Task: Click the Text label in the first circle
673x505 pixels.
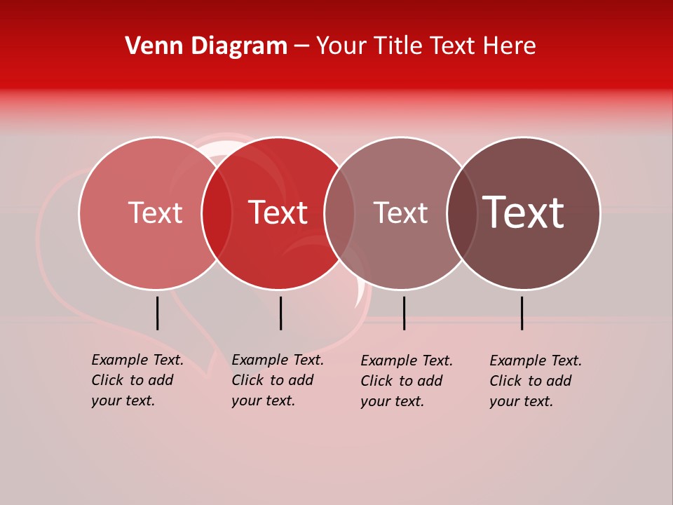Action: click(155, 213)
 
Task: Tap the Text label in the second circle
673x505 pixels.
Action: click(278, 213)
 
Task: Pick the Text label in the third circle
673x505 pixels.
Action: click(400, 213)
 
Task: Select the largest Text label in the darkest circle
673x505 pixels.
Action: click(523, 213)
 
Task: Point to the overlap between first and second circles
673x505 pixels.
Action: click(217, 213)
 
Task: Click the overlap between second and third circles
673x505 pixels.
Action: click(339, 213)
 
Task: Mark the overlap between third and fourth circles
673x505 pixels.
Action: click(462, 213)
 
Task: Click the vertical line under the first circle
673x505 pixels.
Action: click(157, 313)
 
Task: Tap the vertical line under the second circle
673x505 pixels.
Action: click(280, 313)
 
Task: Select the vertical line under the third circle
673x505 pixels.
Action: click(404, 313)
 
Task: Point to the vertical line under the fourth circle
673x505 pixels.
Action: click(522, 313)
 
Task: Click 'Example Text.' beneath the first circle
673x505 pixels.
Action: click(137, 360)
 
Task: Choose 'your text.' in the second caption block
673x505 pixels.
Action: click(263, 401)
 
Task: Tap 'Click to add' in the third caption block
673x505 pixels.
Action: click(401, 381)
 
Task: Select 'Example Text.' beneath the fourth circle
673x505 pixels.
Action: click(536, 361)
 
